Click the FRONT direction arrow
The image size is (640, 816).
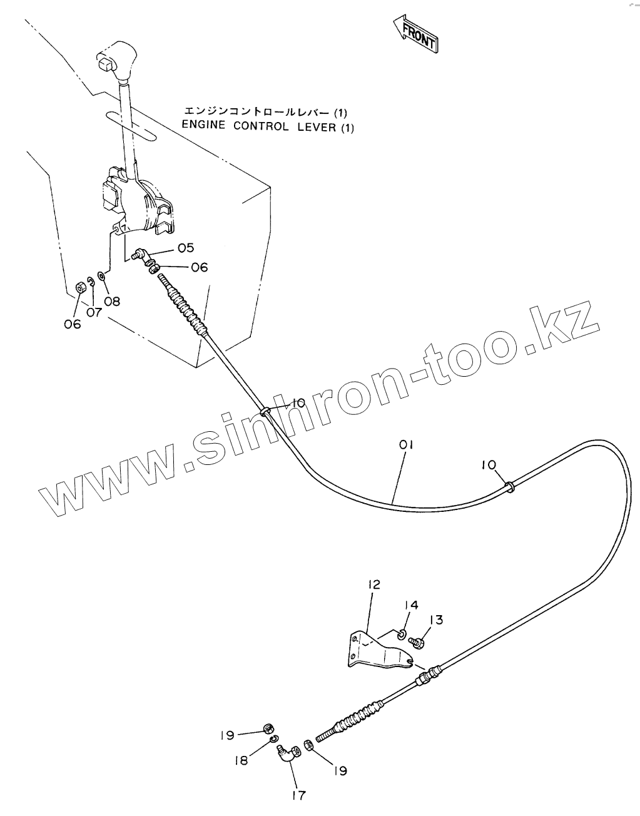pos(416,35)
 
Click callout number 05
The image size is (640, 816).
pos(185,248)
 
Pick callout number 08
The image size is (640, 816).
pos(113,301)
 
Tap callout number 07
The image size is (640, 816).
pos(94,311)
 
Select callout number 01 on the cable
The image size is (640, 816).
pos(407,445)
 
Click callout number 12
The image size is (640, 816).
pos(373,584)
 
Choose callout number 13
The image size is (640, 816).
pos(436,620)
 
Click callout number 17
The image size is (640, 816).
pos(298,795)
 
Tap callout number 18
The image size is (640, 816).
pos(241,760)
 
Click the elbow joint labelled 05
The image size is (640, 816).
pos(143,254)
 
